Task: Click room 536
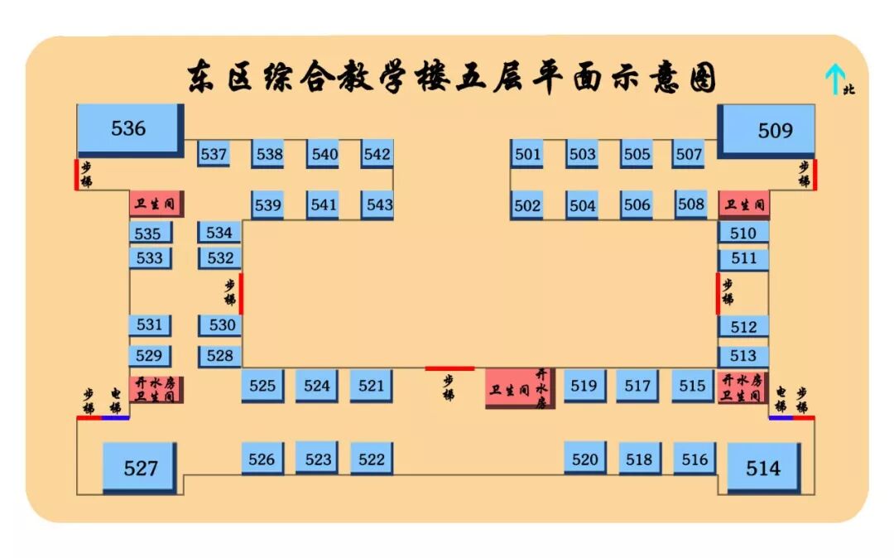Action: [129, 128]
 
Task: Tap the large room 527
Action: [140, 468]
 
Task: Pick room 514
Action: [763, 468]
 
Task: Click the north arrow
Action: [834, 79]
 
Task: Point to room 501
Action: [527, 154]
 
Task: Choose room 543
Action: [378, 204]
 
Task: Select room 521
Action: [371, 385]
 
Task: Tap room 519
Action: [584, 385]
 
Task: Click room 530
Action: [221, 325]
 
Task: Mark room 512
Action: [743, 327]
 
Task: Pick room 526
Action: [262, 459]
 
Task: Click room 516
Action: [695, 459]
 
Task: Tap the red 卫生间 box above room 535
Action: [156, 204]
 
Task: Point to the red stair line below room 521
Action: [449, 368]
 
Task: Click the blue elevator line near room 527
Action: [115, 418]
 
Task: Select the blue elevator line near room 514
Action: [780, 418]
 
